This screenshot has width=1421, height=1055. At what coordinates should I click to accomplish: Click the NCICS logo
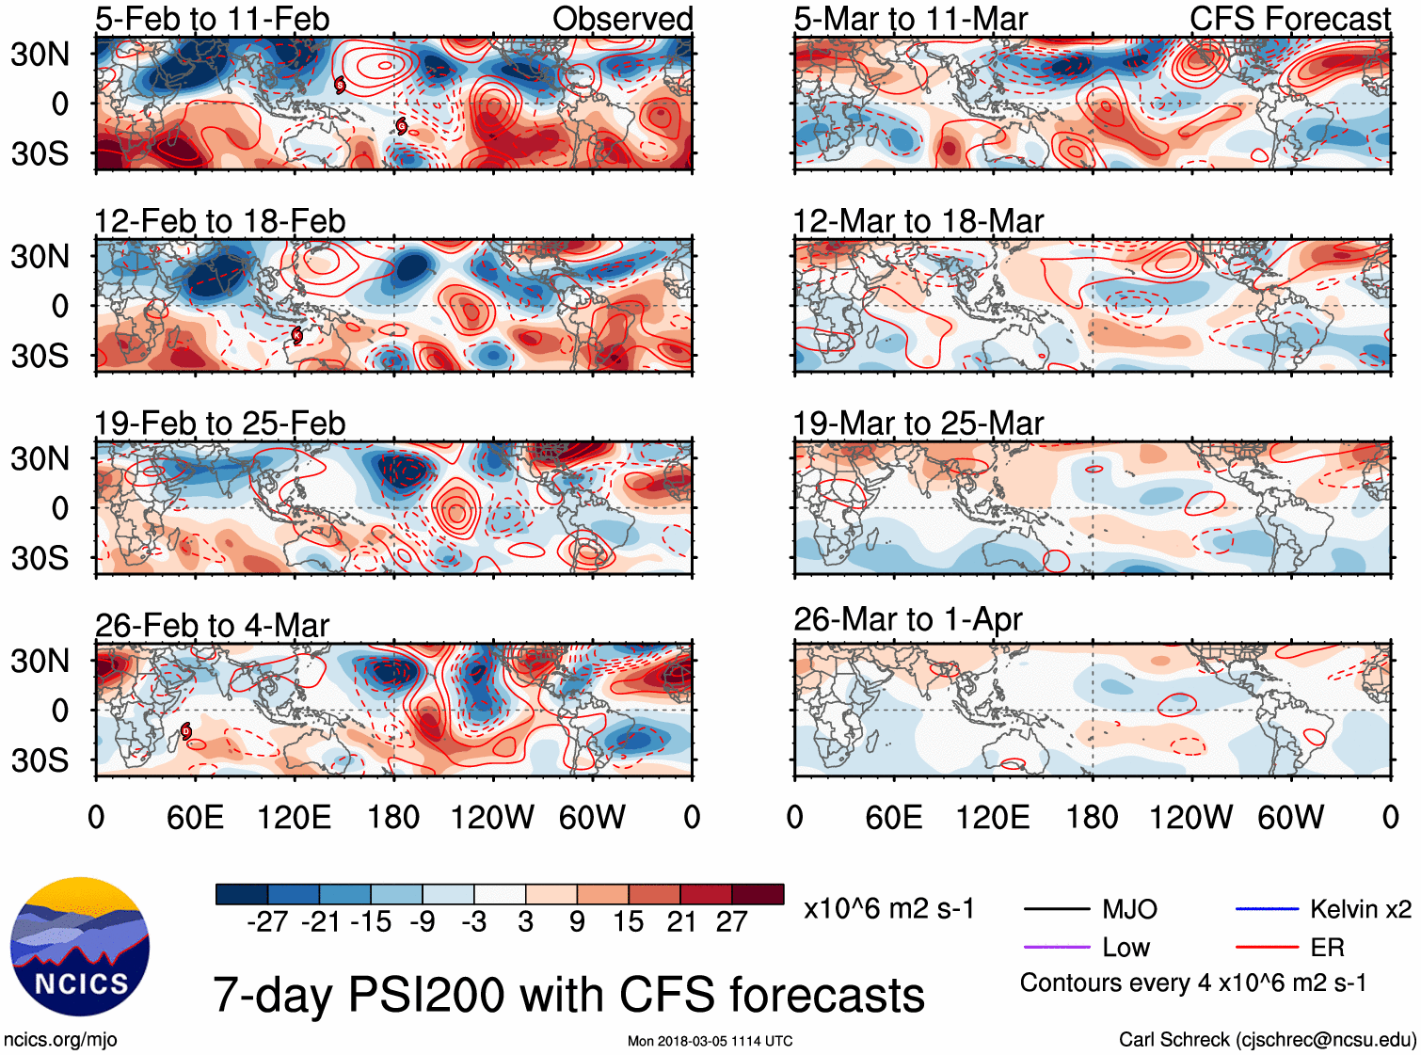[80, 947]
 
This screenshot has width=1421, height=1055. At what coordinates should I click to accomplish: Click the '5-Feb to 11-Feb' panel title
[212, 19]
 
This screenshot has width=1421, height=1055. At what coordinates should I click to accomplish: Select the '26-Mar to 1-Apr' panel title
[907, 619]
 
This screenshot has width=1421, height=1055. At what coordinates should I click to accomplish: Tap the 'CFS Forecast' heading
[1289, 19]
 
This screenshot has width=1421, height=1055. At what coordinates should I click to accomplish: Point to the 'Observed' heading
[622, 19]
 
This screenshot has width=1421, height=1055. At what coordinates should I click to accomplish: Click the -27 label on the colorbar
[267, 921]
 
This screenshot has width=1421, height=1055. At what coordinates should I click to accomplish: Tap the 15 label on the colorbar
[629, 921]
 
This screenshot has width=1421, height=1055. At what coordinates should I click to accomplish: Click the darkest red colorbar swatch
[758, 894]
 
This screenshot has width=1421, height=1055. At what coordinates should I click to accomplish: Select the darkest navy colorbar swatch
[242, 894]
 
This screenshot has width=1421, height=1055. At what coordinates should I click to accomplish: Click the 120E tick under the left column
[295, 817]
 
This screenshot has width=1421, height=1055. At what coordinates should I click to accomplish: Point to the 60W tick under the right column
[1290, 817]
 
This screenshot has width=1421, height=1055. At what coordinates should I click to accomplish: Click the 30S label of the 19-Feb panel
[40, 558]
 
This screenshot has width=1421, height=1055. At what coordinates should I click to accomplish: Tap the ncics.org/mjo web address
[60, 1040]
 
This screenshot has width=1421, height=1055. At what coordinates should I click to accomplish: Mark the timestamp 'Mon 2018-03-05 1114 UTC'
[710, 1041]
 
